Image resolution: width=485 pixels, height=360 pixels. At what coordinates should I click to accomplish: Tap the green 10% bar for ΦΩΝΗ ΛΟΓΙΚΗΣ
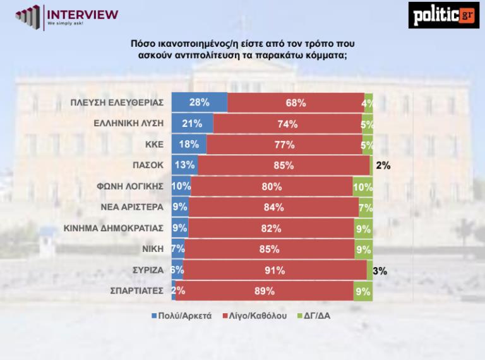point(362,186)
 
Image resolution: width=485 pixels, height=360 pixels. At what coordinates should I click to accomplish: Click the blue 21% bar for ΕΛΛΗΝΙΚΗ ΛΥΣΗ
point(192,124)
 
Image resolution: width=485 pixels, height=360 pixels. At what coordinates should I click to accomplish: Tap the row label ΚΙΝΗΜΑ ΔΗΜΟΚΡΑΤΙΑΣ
point(119,228)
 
